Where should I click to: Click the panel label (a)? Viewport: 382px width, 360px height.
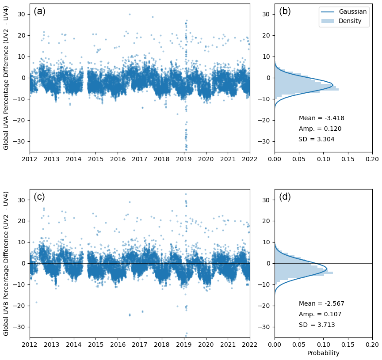(x=39, y=12)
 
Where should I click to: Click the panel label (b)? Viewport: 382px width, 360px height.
(x=285, y=12)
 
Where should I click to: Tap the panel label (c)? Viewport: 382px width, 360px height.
(x=39, y=197)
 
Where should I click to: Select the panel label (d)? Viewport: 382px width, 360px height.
(x=285, y=197)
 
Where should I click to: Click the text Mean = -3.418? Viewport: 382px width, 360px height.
(x=321, y=118)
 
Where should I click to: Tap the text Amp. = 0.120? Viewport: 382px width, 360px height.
(x=320, y=129)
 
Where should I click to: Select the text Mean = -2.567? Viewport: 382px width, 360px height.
(x=321, y=304)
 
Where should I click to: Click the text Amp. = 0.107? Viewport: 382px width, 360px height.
(x=320, y=315)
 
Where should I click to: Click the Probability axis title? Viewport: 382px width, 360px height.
(x=323, y=353)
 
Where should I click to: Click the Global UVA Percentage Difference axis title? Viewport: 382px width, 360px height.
(x=6, y=78)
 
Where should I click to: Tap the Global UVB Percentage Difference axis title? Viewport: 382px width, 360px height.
(x=6, y=264)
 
